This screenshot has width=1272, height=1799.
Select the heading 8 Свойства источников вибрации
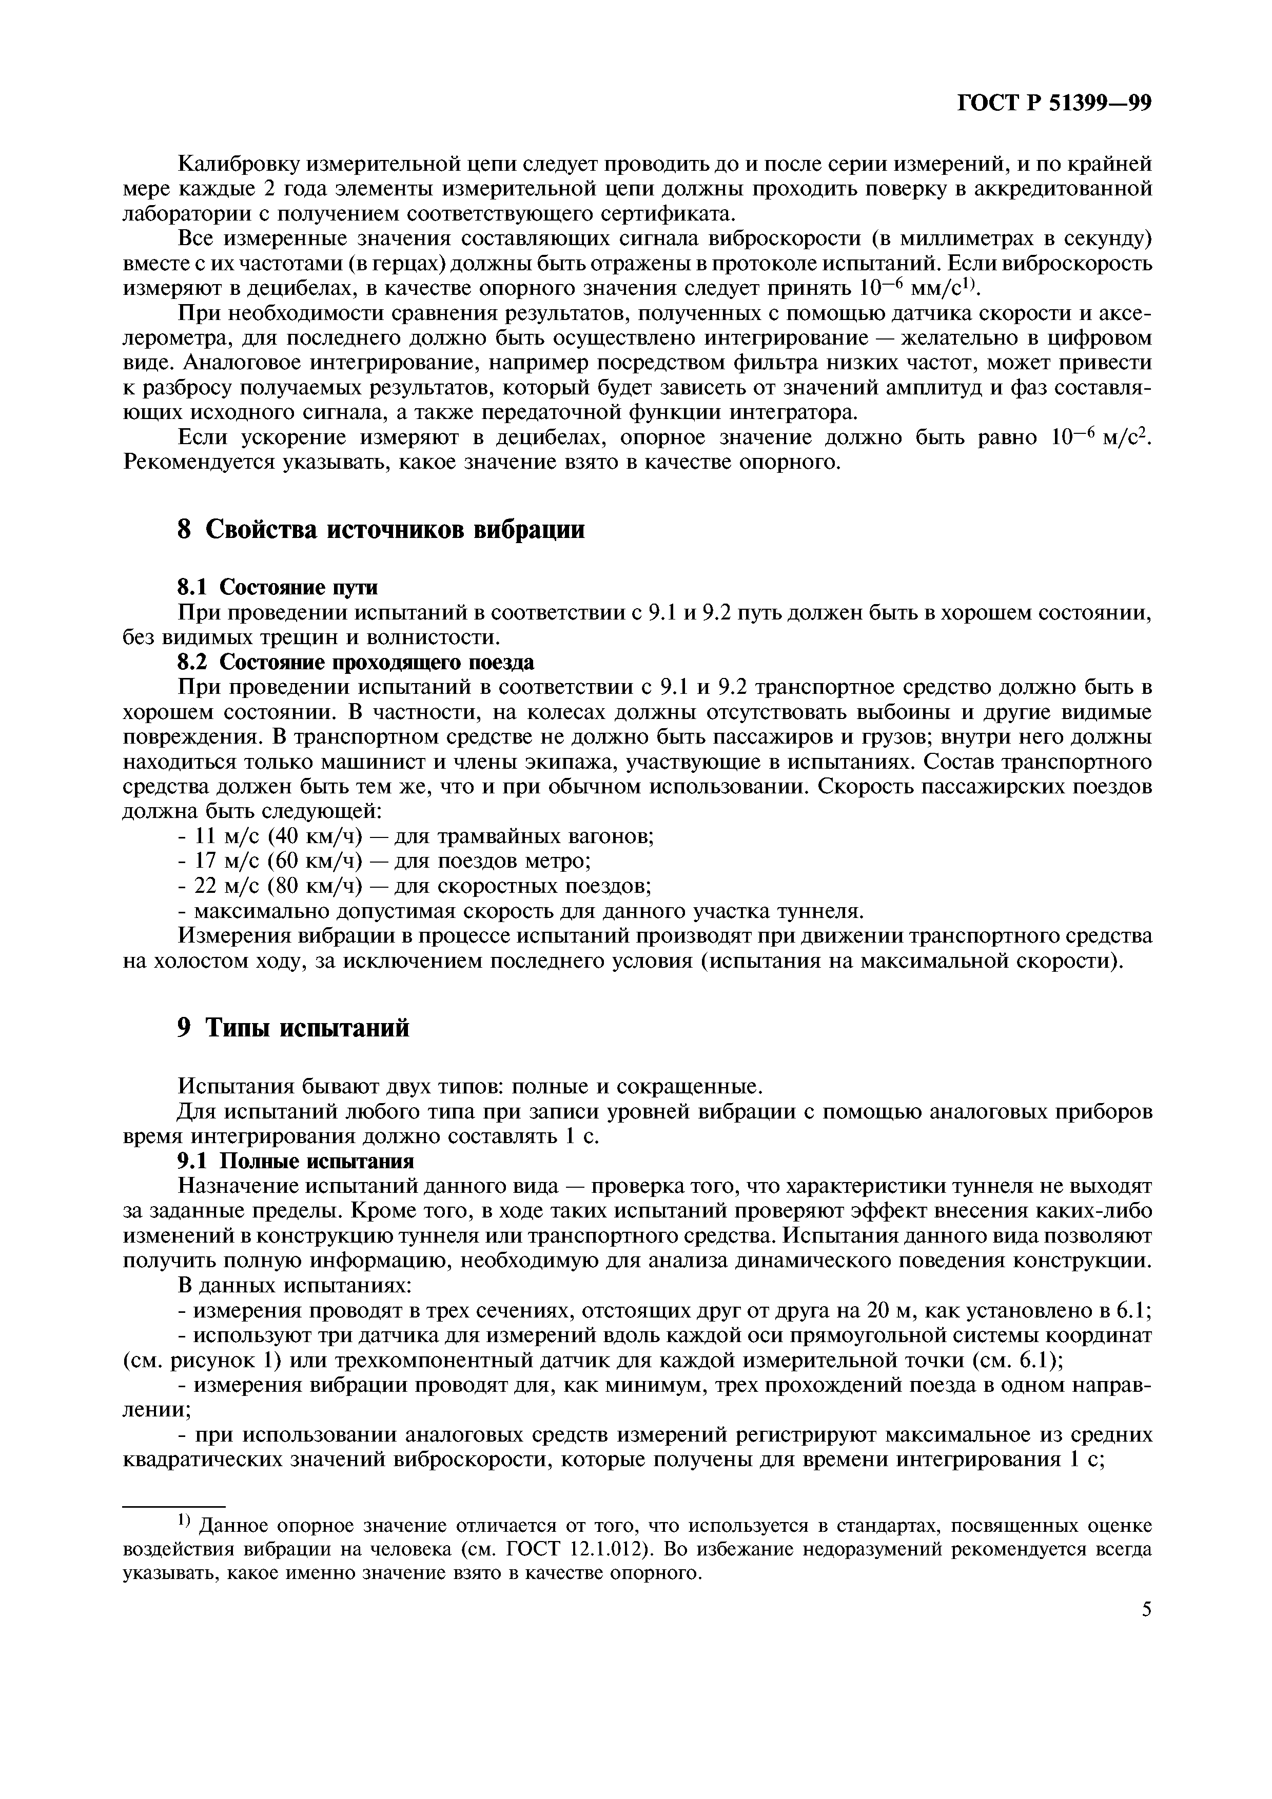pos(381,530)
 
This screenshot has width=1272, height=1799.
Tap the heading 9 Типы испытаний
pos(293,1027)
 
